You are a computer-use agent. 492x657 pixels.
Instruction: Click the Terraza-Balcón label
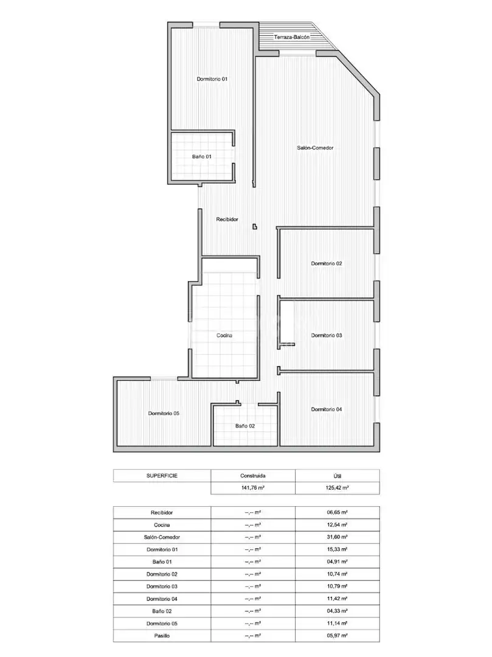(x=292, y=37)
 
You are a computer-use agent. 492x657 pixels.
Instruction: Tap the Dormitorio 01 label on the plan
(x=212, y=78)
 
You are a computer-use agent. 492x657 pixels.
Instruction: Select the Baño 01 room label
(x=202, y=156)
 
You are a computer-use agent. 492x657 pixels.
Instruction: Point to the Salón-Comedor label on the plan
(x=315, y=148)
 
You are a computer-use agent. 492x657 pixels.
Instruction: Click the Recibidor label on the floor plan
(x=227, y=219)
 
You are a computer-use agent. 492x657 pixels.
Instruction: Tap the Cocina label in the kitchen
(x=224, y=335)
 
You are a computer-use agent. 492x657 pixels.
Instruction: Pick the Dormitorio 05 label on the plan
(x=164, y=413)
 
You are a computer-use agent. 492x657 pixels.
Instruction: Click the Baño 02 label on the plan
(x=245, y=426)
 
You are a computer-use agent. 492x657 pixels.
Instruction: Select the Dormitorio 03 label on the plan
(x=327, y=335)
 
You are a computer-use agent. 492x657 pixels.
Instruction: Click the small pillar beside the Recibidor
(x=255, y=227)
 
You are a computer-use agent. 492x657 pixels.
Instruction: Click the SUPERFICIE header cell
(x=162, y=476)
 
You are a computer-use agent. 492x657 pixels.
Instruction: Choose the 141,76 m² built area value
(x=253, y=488)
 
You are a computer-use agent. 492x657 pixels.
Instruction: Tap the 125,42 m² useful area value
(x=338, y=488)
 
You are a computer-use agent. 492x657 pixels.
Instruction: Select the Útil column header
(x=338, y=476)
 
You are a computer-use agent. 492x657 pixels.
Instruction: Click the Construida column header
(x=253, y=476)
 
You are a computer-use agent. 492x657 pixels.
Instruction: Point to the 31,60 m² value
(x=338, y=537)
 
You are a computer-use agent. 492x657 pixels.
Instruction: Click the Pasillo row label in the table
(x=162, y=636)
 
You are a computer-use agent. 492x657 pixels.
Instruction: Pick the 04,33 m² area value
(x=338, y=611)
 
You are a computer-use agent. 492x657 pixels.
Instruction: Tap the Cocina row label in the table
(x=162, y=525)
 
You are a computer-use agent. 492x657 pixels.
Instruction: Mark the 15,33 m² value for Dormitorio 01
(x=338, y=549)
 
